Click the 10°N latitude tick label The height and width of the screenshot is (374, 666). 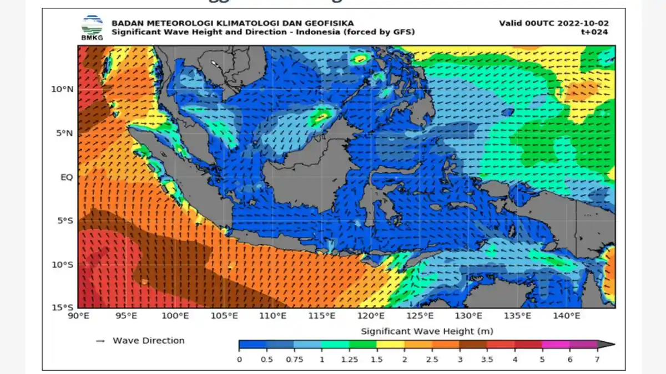[63, 89]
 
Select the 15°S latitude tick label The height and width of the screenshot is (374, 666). [63, 308]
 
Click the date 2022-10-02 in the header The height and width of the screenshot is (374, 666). [583, 23]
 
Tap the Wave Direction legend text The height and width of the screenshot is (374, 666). [149, 341]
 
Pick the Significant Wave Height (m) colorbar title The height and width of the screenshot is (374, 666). [427, 331]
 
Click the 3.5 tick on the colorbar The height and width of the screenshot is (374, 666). [487, 359]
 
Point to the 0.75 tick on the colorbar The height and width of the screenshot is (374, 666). [294, 359]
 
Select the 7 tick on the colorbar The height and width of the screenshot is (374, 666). [597, 359]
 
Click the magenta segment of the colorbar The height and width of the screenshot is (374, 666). [556, 344]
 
